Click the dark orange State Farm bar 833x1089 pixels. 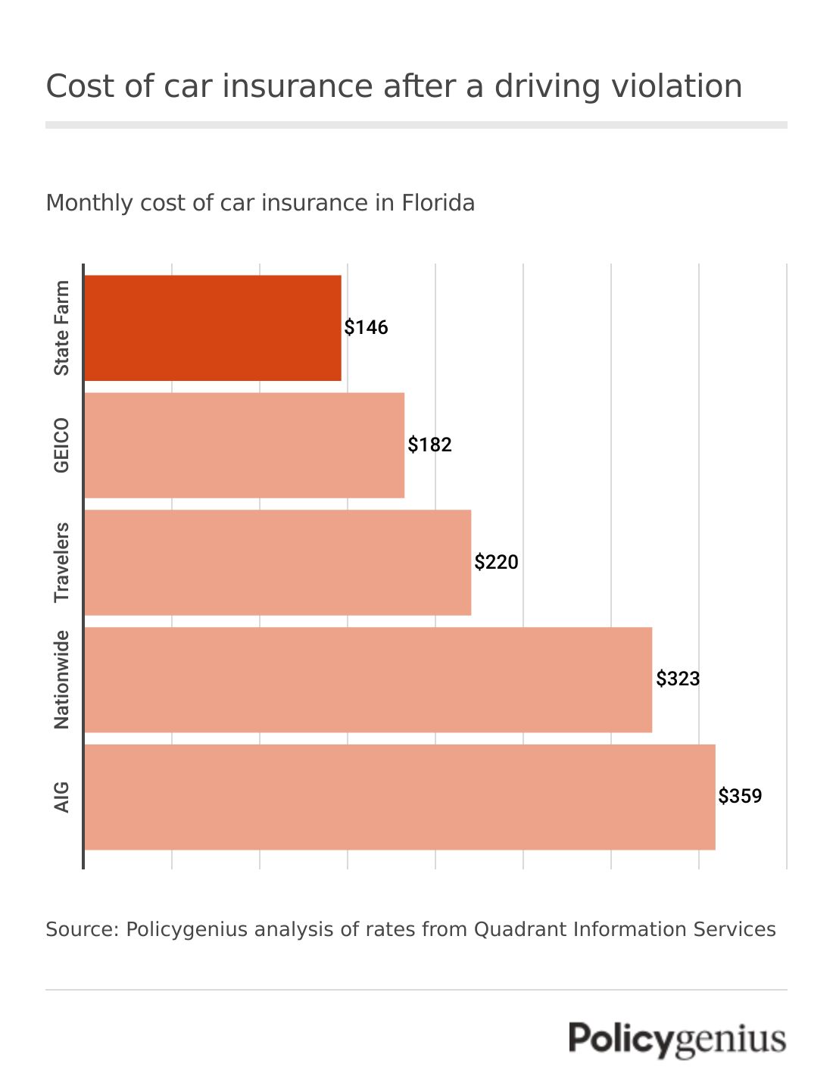click(x=213, y=328)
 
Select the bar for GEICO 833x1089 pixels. click(x=244, y=445)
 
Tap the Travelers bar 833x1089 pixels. click(x=277, y=563)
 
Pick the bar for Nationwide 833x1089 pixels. click(x=368, y=680)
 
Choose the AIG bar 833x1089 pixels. click(x=400, y=797)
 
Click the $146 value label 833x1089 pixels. click(x=367, y=328)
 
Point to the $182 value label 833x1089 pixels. click(x=430, y=445)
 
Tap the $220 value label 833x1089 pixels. click(x=497, y=562)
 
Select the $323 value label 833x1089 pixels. click(x=679, y=679)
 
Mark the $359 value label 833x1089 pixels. click(x=741, y=797)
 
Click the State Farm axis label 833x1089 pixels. click(x=61, y=328)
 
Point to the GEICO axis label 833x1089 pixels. click(x=61, y=445)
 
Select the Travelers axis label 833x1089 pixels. click(x=61, y=563)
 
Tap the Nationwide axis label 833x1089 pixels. click(x=61, y=680)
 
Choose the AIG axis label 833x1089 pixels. click(x=61, y=797)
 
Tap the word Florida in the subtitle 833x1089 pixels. click(x=438, y=203)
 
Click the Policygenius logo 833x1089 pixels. click(x=677, y=1039)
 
